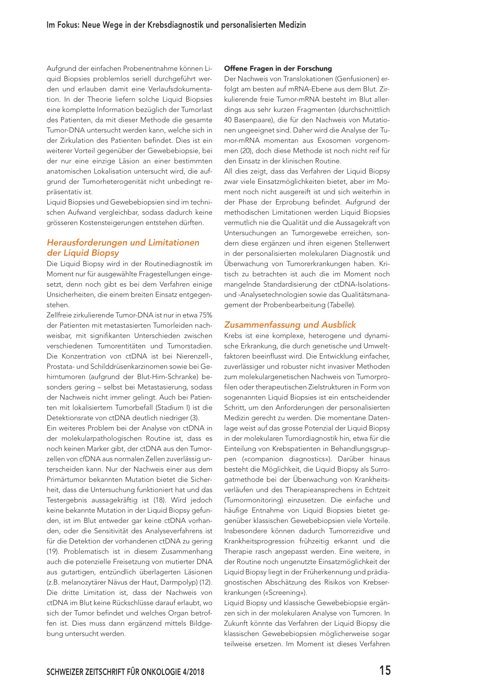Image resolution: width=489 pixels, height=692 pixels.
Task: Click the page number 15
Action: point(385,670)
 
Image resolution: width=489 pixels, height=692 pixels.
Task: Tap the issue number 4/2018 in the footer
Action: point(193,672)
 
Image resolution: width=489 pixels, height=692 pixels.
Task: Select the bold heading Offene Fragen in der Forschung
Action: point(278,68)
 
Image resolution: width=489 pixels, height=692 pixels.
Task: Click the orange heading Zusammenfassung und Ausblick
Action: point(290,325)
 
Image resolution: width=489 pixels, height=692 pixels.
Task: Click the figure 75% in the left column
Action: point(206,315)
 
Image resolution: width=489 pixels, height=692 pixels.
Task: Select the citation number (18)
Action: point(159,500)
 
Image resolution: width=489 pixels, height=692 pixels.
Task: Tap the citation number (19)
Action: point(53,551)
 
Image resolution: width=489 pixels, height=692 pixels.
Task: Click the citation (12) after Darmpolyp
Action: point(206,583)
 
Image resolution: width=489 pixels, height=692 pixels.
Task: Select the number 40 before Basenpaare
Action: point(228,120)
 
